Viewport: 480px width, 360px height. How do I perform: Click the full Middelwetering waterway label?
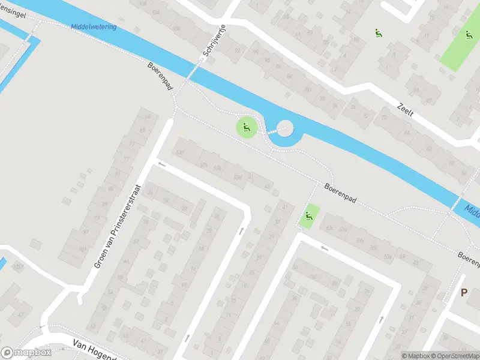tap(93, 27)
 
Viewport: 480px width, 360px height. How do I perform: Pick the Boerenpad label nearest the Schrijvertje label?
tap(160, 76)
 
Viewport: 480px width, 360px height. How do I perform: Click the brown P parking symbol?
tap(463, 292)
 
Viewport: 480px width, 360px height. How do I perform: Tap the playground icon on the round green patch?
tap(245, 127)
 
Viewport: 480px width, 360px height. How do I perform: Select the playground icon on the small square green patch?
tap(309, 217)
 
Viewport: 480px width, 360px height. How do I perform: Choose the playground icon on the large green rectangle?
tap(469, 35)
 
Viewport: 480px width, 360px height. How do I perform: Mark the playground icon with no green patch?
tap(378, 34)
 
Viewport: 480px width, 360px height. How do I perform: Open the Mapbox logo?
tap(26, 353)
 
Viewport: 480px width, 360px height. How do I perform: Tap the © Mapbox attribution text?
tap(416, 356)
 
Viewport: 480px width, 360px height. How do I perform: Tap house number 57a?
tap(360, 240)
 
